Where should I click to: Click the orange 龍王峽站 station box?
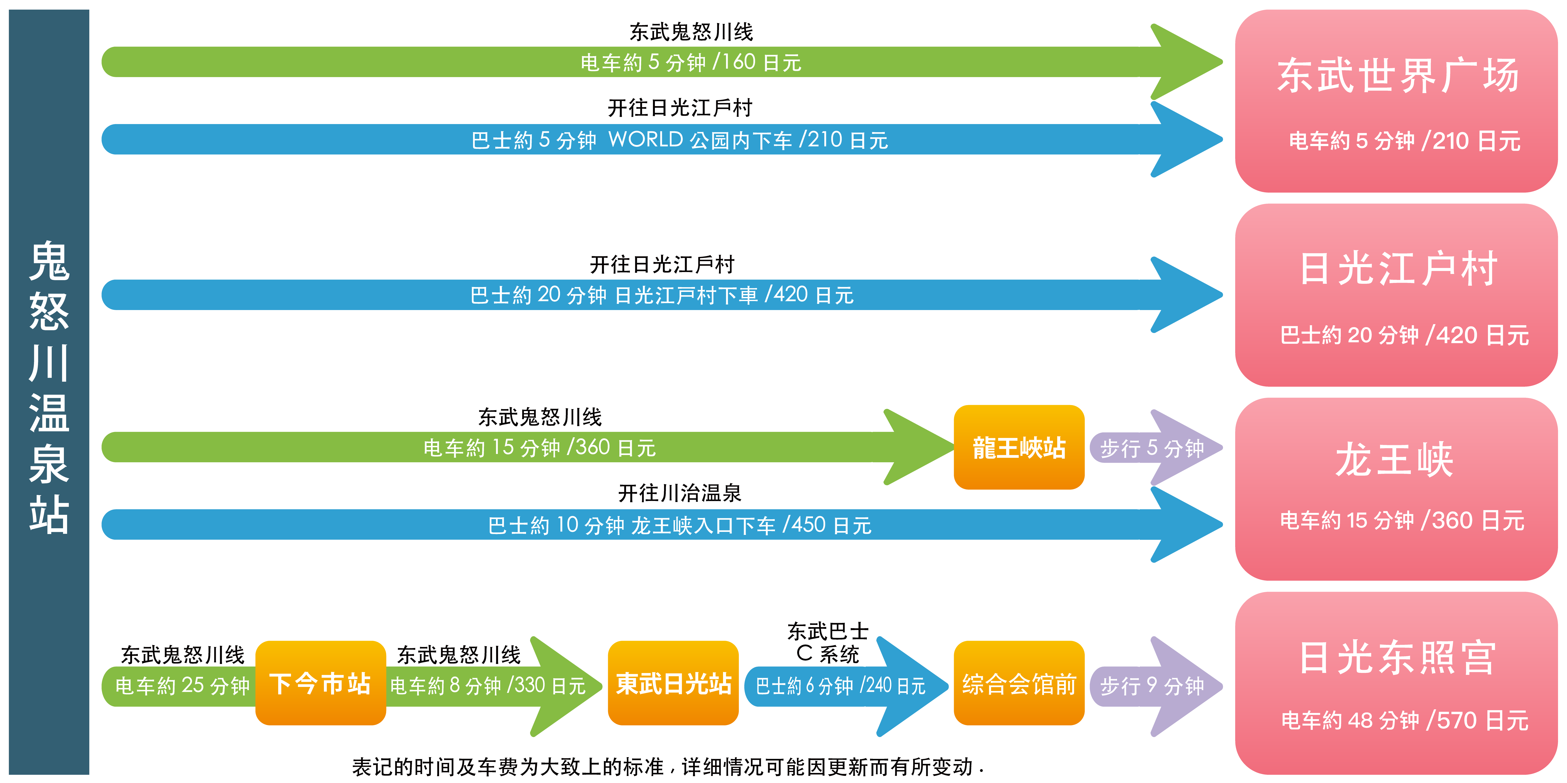click(x=1019, y=447)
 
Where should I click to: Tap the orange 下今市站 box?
click(x=320, y=683)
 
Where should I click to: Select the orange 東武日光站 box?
click(x=673, y=683)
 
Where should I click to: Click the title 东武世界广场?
click(x=1397, y=76)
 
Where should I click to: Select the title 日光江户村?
click(x=1397, y=269)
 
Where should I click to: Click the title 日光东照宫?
click(x=1397, y=658)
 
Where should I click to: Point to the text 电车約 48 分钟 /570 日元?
click(x=1405, y=720)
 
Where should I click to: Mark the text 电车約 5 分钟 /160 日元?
click(x=690, y=62)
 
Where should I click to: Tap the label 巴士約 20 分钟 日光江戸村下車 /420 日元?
click(x=662, y=295)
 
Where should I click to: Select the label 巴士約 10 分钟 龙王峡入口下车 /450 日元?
click(x=679, y=525)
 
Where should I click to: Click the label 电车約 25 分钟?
click(x=182, y=686)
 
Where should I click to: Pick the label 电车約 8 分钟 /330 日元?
click(x=487, y=686)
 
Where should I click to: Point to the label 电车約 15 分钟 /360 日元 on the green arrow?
click(x=539, y=447)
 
